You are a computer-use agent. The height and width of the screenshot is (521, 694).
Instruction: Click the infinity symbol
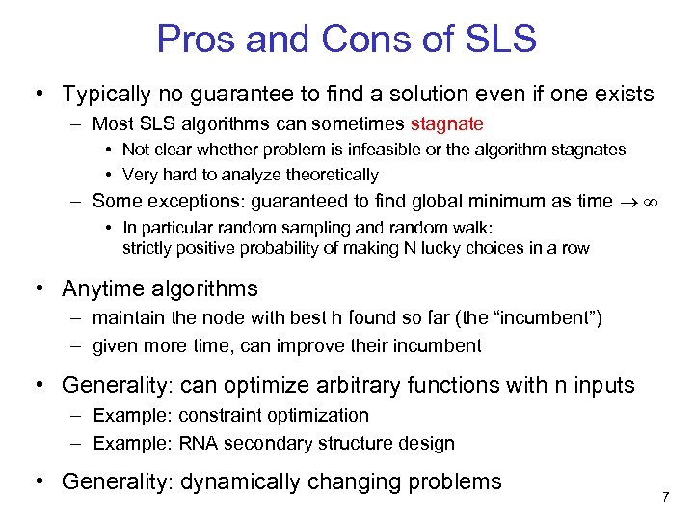[652, 202]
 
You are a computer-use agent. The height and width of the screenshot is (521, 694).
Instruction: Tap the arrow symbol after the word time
[627, 202]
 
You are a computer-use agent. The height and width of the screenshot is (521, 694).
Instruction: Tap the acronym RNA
[198, 444]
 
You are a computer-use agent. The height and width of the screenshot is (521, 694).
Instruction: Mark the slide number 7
[665, 496]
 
